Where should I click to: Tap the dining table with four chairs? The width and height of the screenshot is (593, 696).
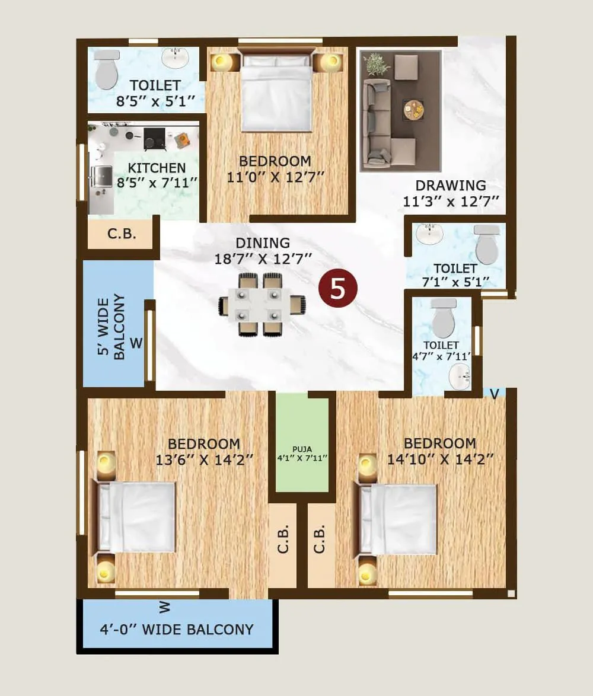click(262, 305)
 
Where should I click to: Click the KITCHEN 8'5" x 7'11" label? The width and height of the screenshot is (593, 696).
click(157, 175)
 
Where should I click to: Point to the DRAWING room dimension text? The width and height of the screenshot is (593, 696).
click(451, 202)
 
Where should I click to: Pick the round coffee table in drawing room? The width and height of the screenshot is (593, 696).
click(414, 109)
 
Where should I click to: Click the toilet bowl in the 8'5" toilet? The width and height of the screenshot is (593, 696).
click(107, 69)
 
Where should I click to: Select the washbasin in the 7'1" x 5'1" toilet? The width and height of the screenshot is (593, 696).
click(429, 234)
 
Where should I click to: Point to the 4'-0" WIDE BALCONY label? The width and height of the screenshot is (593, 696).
click(177, 629)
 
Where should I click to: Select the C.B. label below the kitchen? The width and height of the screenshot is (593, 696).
click(122, 234)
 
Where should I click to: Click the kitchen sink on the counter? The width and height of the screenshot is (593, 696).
click(101, 175)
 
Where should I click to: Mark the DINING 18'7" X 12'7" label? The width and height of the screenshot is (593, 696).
click(263, 250)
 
